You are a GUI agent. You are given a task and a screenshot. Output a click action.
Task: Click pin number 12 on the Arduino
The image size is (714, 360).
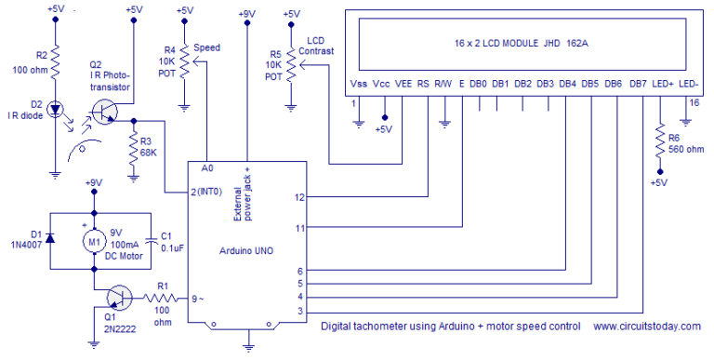tap(299, 197)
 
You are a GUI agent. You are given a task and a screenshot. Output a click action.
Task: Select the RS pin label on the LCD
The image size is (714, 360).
tap(424, 84)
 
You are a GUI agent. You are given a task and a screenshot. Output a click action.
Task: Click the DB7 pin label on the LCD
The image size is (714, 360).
tap(638, 84)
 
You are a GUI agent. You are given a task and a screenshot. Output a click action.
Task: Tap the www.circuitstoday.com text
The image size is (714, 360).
tap(646, 327)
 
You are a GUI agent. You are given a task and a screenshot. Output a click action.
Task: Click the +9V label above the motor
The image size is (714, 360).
tap(93, 183)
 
